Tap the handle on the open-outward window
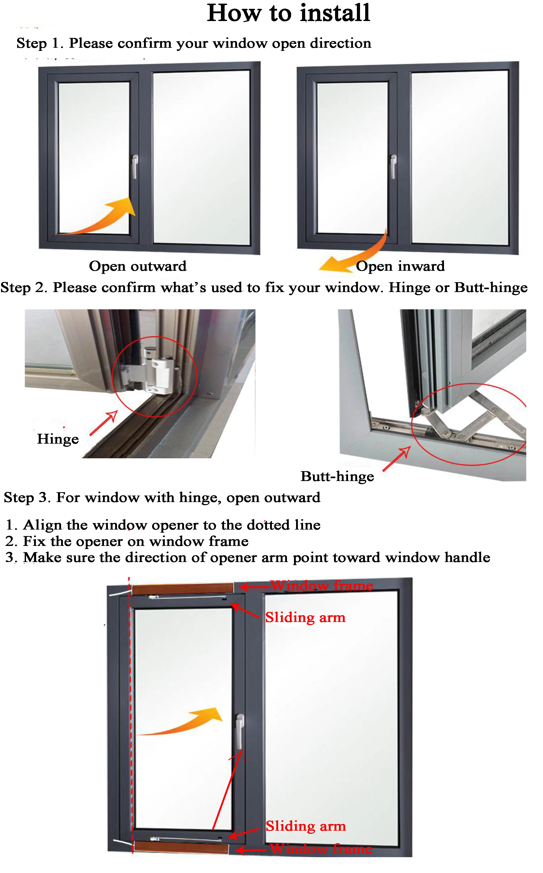(135, 166)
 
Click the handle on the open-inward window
(393, 166)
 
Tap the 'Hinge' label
(58, 439)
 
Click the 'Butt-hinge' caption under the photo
(337, 477)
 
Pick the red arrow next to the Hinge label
(103, 423)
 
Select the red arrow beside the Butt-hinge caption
(396, 459)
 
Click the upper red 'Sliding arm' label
(305, 618)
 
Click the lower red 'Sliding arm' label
(306, 826)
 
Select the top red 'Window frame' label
(322, 586)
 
